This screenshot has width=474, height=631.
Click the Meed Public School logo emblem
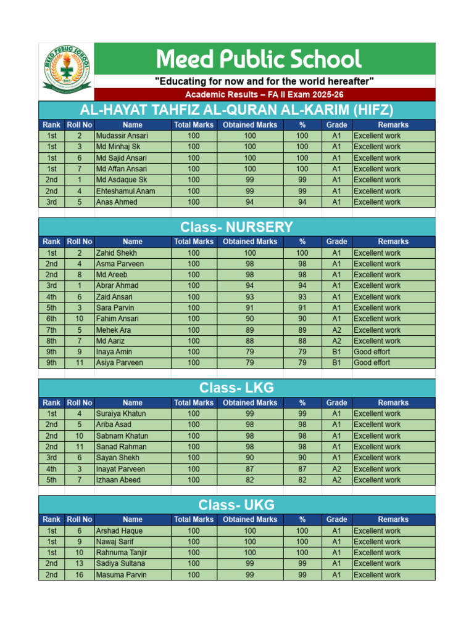point(66,71)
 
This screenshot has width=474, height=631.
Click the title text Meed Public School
point(259,59)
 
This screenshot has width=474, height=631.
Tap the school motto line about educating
point(264,81)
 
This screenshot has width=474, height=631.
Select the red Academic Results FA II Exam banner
point(265,94)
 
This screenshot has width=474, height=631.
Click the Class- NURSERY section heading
point(237,227)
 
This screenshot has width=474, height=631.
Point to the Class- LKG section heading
point(237,388)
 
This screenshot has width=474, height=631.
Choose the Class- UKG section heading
point(237,505)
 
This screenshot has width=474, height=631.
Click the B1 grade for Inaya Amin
point(336,352)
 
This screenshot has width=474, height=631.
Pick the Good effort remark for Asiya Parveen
point(372,363)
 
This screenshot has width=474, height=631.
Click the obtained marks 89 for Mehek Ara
point(249,330)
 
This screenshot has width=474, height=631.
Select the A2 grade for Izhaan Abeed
point(336,479)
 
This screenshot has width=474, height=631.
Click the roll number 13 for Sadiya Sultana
point(80,563)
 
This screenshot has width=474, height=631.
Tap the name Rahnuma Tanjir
point(122,552)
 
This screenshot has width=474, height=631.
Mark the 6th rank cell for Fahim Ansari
point(51,319)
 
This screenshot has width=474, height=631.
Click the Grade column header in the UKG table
point(336,519)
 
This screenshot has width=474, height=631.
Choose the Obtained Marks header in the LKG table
point(249,402)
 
